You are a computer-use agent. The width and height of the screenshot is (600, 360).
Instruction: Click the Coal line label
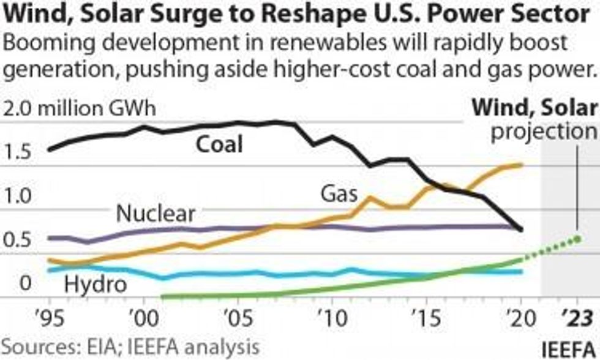(219, 144)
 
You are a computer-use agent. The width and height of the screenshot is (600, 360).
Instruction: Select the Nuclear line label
(156, 214)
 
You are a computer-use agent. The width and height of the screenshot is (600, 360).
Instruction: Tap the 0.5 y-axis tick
(17, 239)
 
